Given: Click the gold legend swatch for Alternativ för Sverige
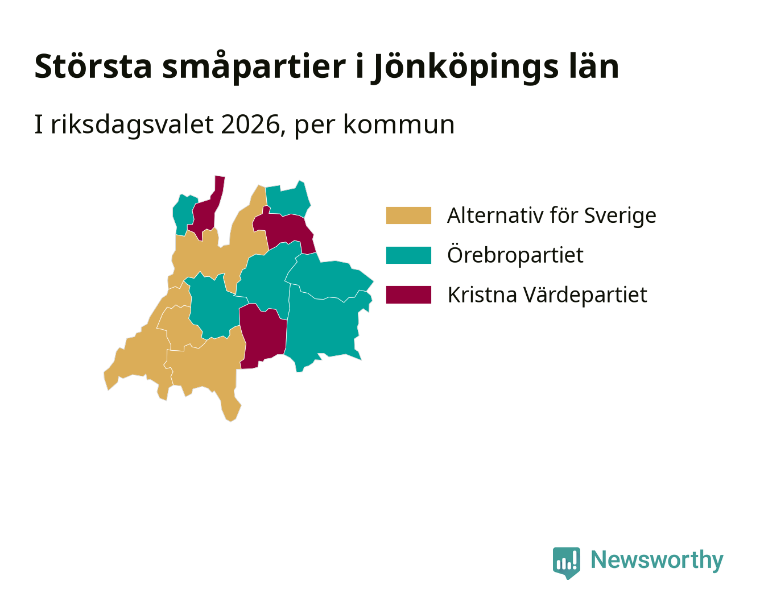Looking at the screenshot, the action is point(408,215).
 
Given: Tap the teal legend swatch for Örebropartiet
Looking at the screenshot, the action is point(408,255).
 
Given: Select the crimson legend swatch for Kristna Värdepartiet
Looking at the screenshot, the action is point(408,294).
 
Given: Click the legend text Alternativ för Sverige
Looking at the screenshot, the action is point(552,215).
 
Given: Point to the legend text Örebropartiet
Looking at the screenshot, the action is point(515,255).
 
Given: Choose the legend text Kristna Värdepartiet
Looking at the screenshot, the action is point(547,294).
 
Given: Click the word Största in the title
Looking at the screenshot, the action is point(93,66).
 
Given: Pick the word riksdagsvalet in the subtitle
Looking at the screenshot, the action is point(133,125).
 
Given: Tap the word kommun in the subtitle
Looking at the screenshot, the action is point(399,125).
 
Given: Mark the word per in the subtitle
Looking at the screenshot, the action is point(315,127).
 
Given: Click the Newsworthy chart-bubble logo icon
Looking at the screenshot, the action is point(566,563).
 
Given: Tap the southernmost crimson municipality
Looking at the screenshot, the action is point(263,335).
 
